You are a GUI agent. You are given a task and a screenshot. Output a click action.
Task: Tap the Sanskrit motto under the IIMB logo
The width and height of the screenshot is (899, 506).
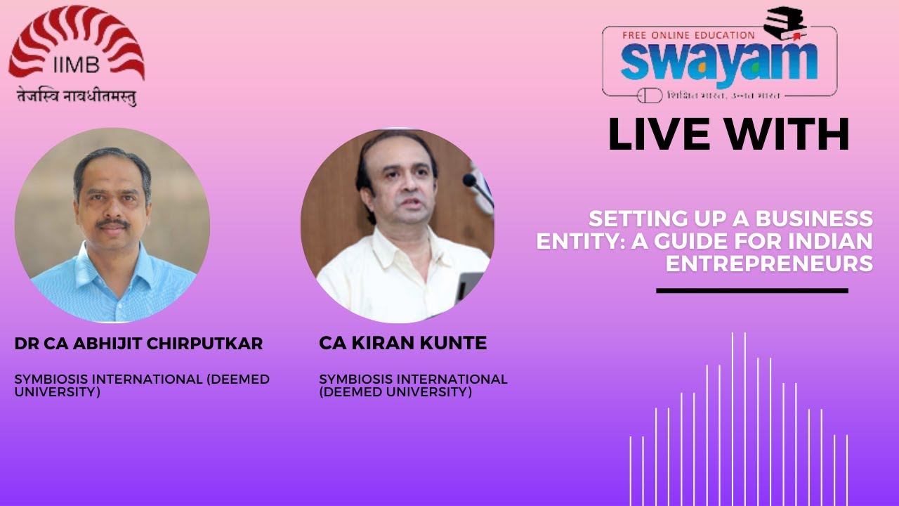click(77, 96)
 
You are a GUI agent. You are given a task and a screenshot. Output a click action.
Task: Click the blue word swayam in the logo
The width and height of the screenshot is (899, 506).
click(718, 62)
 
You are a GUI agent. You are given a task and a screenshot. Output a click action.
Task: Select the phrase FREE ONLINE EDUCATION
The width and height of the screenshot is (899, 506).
click(688, 34)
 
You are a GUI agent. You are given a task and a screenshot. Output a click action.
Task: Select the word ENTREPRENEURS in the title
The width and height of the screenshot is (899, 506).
click(769, 264)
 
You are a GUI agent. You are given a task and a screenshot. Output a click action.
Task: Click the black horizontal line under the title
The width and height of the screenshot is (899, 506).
click(752, 290)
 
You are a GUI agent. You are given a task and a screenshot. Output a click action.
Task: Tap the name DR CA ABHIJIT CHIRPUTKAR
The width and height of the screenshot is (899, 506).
click(138, 344)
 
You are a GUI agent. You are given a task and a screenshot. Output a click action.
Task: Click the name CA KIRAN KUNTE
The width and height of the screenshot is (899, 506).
click(402, 344)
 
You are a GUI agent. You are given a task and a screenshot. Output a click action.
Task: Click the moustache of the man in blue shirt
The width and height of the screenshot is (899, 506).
click(112, 224)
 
